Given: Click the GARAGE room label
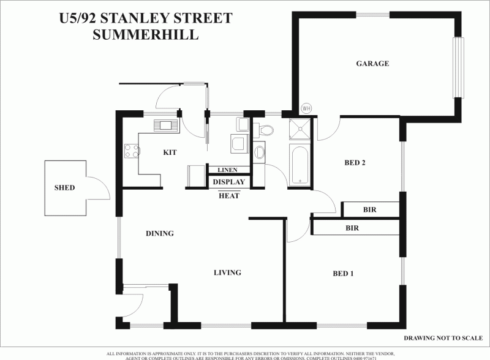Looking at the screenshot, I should coord(372,63).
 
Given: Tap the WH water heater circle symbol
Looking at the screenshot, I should coord(306,108).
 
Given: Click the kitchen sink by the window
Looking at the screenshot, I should coord(166,126).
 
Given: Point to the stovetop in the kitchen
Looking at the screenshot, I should coord(132,150).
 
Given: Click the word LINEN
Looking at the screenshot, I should coord(228,170).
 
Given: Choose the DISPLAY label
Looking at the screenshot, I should coord(228,182).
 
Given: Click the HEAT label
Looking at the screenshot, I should coord(228,195).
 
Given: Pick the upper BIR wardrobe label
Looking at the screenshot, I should coord(369,209).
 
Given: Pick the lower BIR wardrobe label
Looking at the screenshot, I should coord(352,228).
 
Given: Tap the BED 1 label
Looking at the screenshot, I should coord(343,274).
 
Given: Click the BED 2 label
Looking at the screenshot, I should coord(355,163).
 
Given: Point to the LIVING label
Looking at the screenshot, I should coord(227,272).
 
